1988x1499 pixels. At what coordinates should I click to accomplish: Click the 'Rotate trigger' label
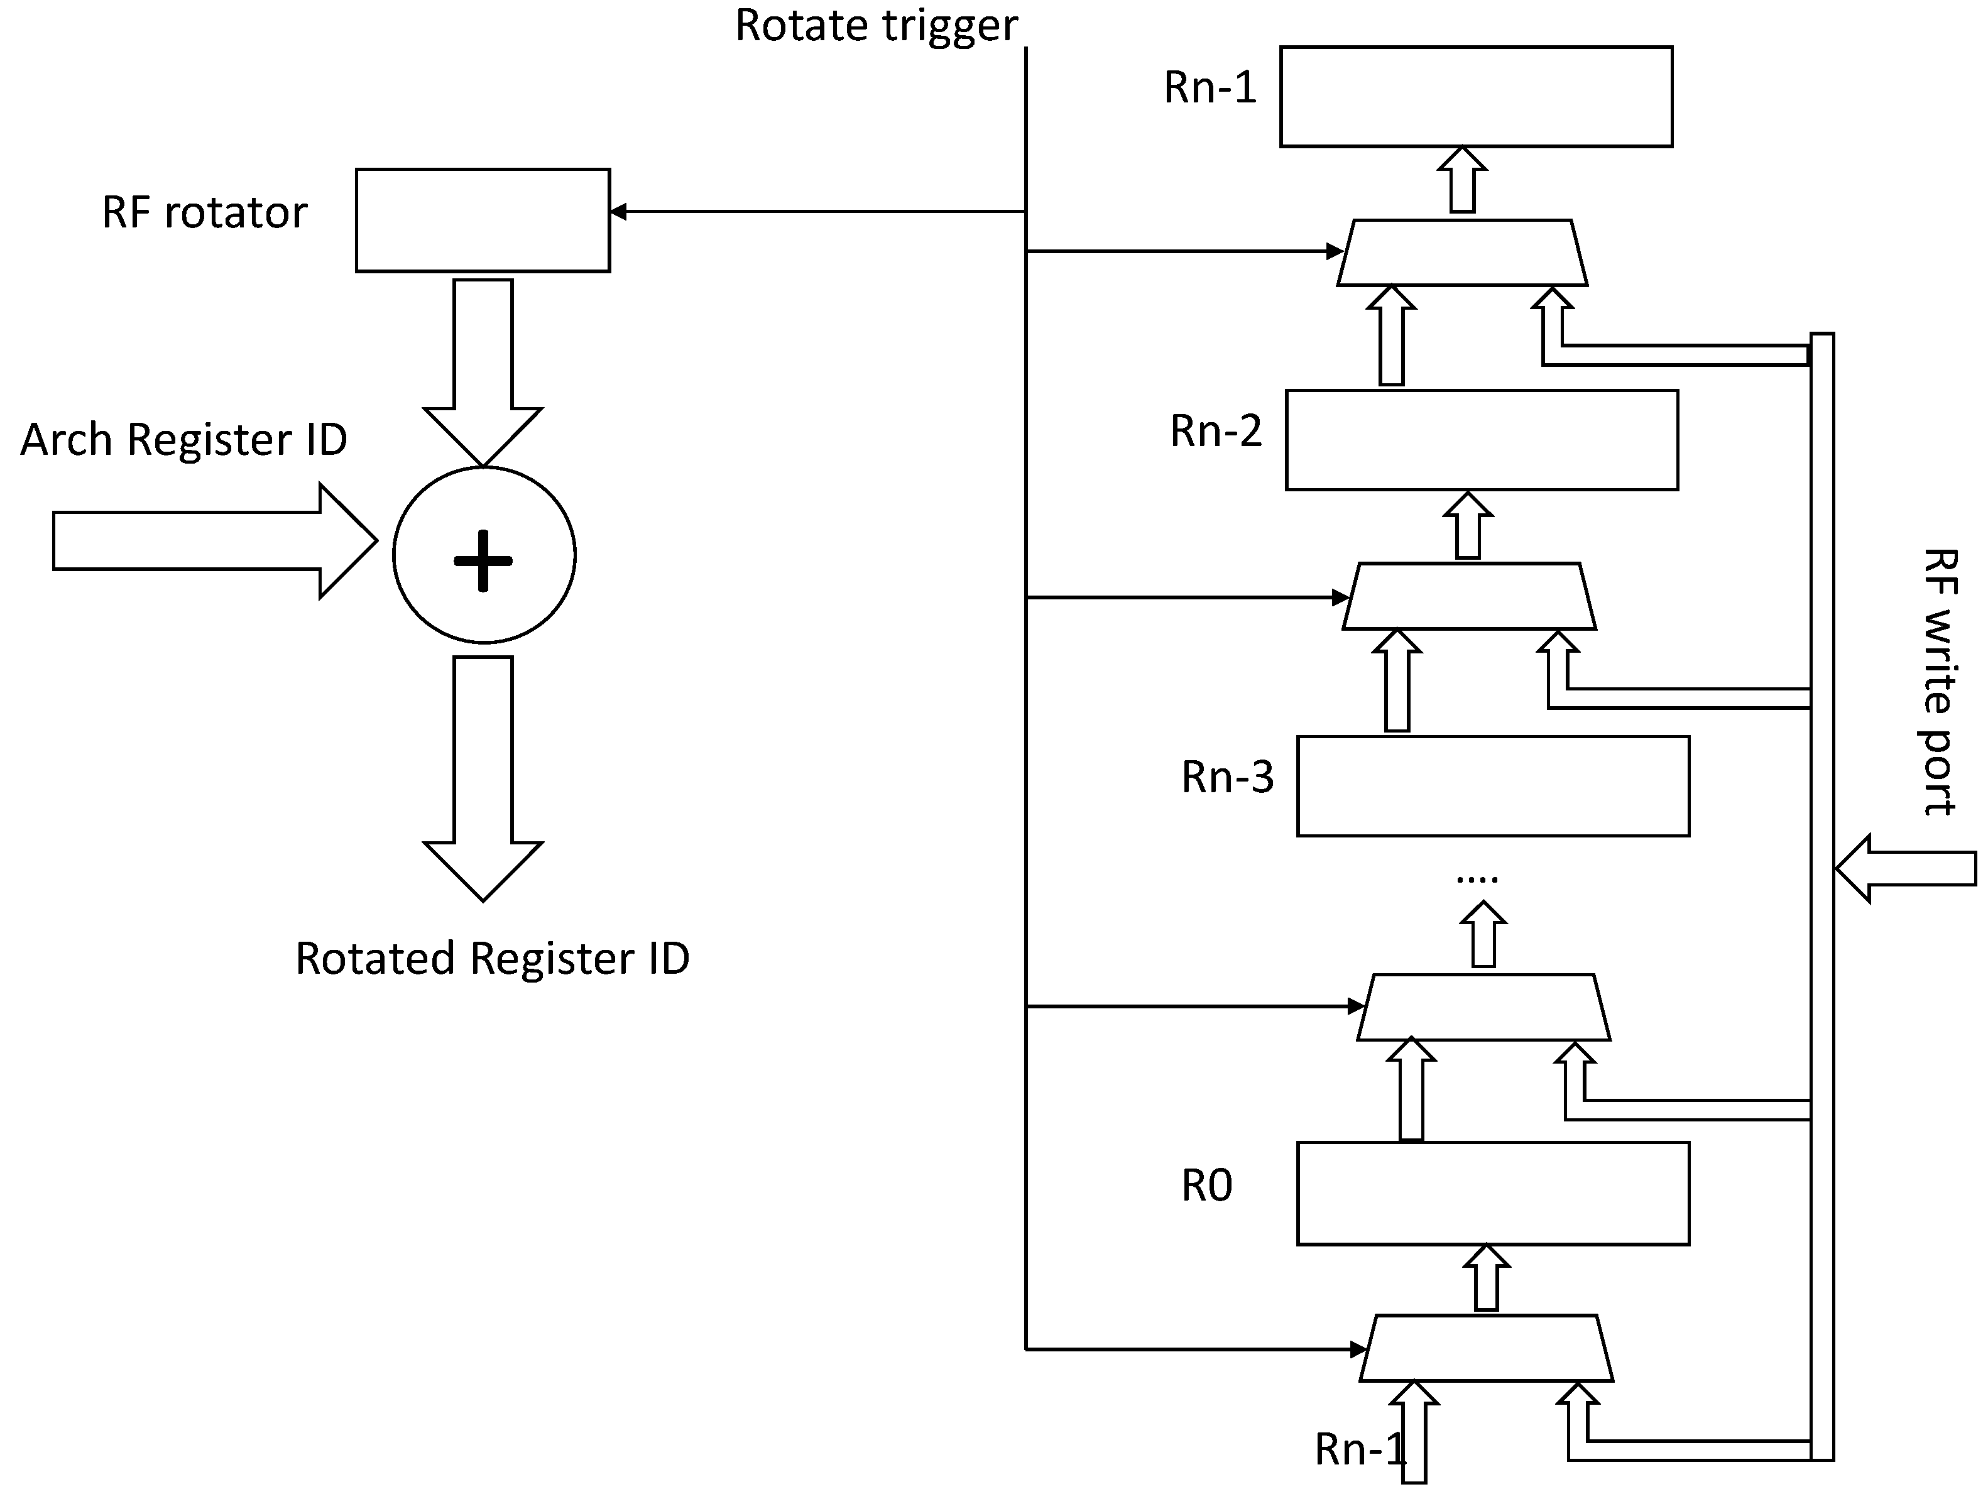(x=877, y=26)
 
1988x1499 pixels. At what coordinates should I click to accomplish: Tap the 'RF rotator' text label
(x=205, y=213)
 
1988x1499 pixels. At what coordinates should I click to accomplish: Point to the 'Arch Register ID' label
(x=183, y=440)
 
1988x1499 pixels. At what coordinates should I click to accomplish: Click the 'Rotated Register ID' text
(x=493, y=959)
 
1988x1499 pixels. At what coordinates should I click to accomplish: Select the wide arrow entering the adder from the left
(x=215, y=540)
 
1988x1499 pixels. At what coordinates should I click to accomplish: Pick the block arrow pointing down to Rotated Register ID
(x=483, y=778)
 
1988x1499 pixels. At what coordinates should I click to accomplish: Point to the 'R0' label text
(x=1206, y=1186)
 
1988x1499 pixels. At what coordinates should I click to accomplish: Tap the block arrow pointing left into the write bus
(x=1905, y=869)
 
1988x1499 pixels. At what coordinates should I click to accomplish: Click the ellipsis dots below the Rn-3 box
(x=1477, y=880)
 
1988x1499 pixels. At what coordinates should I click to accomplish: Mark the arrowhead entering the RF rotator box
(x=618, y=212)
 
